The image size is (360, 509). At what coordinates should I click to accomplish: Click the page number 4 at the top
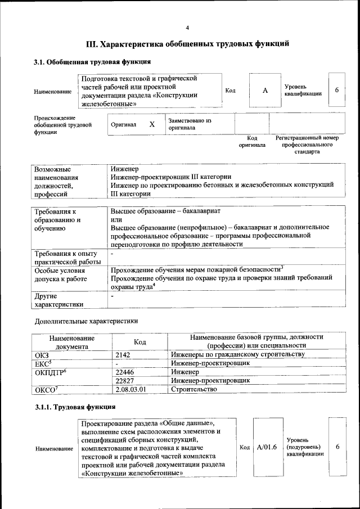click(188, 28)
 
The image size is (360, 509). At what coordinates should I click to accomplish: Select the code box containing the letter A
click(264, 90)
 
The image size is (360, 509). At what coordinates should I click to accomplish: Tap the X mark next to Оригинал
click(152, 124)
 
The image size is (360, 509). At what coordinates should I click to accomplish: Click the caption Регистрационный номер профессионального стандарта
click(307, 145)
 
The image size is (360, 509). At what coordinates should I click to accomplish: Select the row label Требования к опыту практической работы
click(66, 258)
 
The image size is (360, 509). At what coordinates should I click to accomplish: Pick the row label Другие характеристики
click(58, 299)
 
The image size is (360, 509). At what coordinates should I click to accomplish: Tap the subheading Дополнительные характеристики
click(86, 321)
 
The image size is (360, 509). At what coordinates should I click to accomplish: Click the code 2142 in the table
click(123, 354)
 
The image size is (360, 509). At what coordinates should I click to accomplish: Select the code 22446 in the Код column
click(125, 372)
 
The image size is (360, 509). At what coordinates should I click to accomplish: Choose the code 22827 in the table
click(125, 381)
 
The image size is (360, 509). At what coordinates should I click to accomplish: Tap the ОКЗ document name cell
click(42, 354)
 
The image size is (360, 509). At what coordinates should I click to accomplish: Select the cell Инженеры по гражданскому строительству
click(237, 354)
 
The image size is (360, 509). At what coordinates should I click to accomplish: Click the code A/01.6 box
click(267, 447)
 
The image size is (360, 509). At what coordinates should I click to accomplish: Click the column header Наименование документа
click(71, 342)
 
